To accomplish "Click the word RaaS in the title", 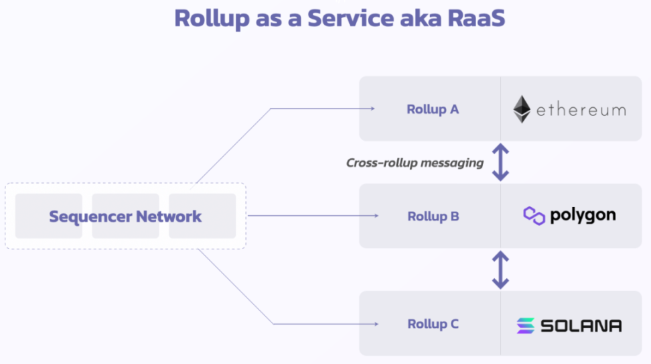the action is (476, 18).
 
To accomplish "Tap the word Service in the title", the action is (351, 18).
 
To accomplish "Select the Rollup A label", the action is (433, 109).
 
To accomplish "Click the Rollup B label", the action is (433, 217).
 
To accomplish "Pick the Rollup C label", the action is (433, 324).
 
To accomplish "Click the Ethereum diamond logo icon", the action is (522, 109).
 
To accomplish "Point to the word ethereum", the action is (581, 110).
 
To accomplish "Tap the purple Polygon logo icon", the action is (534, 216).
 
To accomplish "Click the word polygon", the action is (583, 216).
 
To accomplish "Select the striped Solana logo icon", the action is (526, 325).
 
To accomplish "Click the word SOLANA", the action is (581, 326).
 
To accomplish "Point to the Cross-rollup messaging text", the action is (415, 162).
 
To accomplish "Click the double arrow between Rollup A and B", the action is (501, 162).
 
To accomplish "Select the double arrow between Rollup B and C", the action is (501, 269).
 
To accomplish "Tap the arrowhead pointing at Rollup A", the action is (373, 109).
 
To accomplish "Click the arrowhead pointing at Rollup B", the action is (376, 216).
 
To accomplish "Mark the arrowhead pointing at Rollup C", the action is (376, 324).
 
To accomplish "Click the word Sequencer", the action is (90, 217).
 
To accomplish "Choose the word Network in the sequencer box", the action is (169, 216).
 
